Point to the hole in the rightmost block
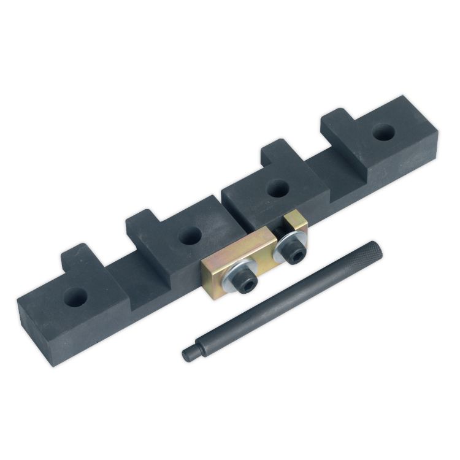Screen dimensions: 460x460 pos(384,131)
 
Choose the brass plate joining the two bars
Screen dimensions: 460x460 pos(221,270)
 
